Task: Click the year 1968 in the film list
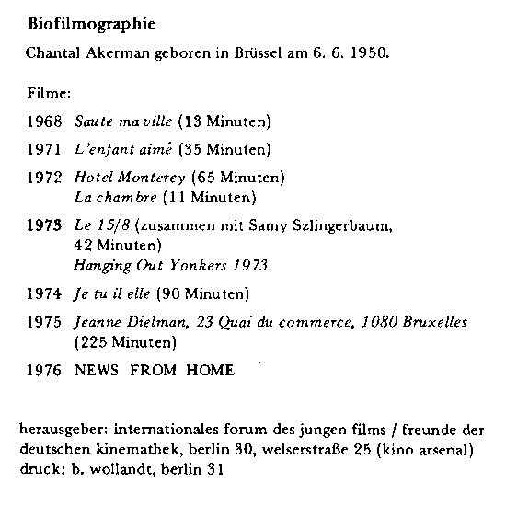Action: click(45, 121)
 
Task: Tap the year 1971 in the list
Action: click(45, 147)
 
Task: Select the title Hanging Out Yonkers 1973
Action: click(170, 266)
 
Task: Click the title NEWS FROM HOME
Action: click(155, 371)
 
